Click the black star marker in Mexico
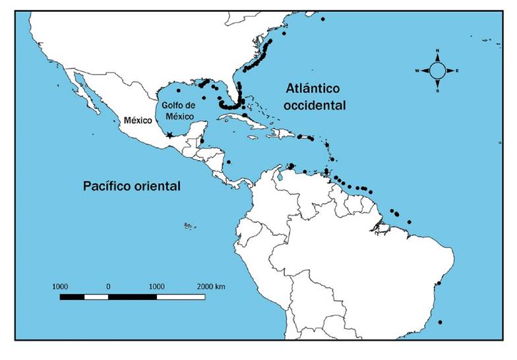click(x=170, y=135)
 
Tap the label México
click(x=137, y=121)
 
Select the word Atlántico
click(x=313, y=88)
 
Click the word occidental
click(x=316, y=105)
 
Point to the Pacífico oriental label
click(x=132, y=186)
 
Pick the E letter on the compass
click(x=457, y=71)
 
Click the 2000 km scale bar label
click(x=211, y=287)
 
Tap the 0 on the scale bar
click(x=108, y=287)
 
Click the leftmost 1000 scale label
click(x=60, y=287)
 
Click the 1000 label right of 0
click(x=156, y=287)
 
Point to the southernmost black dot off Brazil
click(x=440, y=322)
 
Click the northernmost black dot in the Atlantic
click(x=322, y=19)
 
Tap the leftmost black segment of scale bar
click(x=72, y=297)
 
